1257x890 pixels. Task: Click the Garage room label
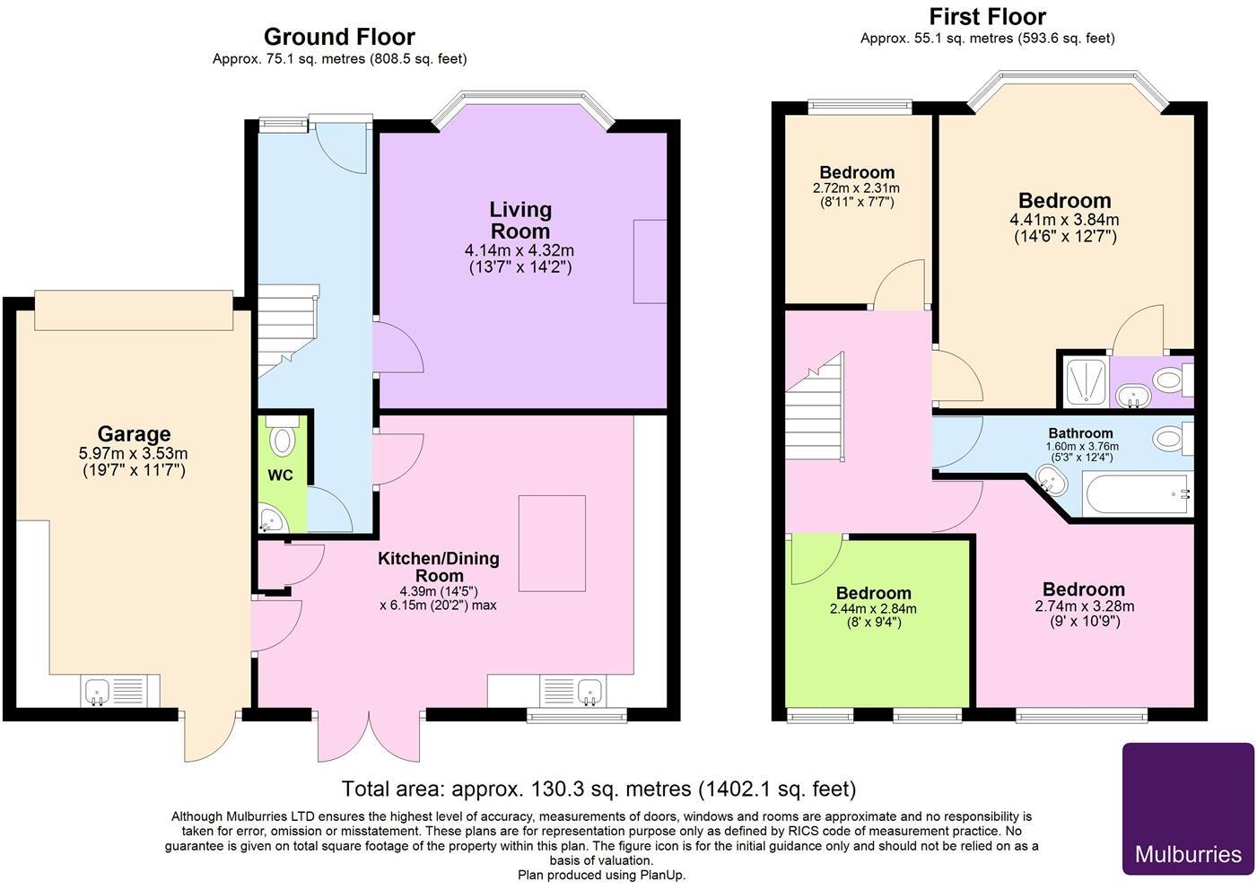tap(134, 433)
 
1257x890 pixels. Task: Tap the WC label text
tap(280, 476)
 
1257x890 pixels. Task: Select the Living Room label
tap(520, 220)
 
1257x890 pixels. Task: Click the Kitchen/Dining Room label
tap(439, 567)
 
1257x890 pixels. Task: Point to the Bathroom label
tap(1081, 433)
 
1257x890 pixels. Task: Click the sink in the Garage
tap(98, 691)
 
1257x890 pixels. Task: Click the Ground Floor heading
tap(339, 37)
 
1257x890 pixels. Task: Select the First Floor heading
tap(988, 17)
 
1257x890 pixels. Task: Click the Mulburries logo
tap(1188, 808)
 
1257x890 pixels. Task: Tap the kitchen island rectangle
tap(552, 543)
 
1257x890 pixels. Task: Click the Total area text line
tap(598, 789)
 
